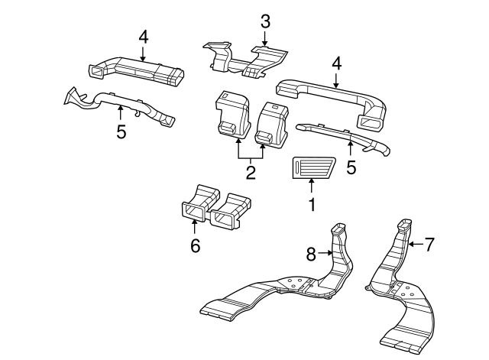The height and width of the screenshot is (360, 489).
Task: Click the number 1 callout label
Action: [311, 205]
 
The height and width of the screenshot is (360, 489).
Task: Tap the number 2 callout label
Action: [250, 172]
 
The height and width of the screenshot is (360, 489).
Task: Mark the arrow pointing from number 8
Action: [325, 252]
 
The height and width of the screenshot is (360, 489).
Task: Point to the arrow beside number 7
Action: [413, 245]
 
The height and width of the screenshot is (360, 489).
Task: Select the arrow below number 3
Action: [264, 39]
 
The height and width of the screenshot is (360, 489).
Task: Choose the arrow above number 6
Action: [195, 226]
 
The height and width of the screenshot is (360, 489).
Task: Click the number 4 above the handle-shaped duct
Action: [336, 63]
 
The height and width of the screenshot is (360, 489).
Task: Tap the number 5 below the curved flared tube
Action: [121, 131]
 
